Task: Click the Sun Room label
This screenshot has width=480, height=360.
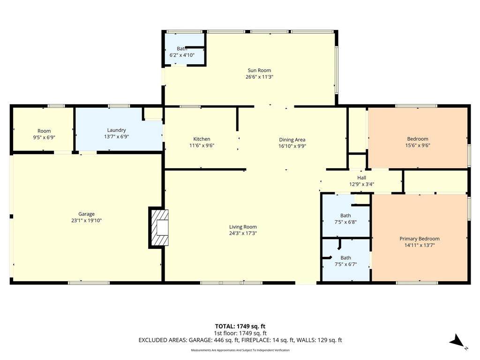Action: click(259, 70)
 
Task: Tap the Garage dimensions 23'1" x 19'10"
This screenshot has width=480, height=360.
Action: click(86, 220)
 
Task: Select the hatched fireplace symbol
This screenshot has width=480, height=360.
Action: click(159, 227)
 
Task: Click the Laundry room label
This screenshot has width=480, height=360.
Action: click(116, 130)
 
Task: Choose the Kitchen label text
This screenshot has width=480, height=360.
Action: click(202, 139)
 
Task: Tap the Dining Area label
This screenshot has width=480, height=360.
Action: click(292, 140)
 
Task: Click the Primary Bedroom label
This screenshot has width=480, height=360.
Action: click(420, 239)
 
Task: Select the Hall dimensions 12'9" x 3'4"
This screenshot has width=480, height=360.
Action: click(361, 184)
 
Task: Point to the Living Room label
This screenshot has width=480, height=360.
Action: click(243, 227)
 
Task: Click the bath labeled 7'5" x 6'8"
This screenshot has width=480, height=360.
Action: click(345, 219)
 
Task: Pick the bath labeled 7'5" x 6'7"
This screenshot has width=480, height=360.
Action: click(345, 261)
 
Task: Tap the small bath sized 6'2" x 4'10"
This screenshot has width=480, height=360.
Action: click(182, 52)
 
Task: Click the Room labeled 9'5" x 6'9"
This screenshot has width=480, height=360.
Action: click(44, 134)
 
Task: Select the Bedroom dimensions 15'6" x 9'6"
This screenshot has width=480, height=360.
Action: click(418, 146)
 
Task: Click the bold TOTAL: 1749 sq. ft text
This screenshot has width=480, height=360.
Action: click(240, 326)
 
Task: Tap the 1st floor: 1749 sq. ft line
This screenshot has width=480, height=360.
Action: click(240, 333)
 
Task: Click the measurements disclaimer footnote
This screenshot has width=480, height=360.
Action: click(240, 350)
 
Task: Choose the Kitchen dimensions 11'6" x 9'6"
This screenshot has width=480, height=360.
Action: click(202, 146)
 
